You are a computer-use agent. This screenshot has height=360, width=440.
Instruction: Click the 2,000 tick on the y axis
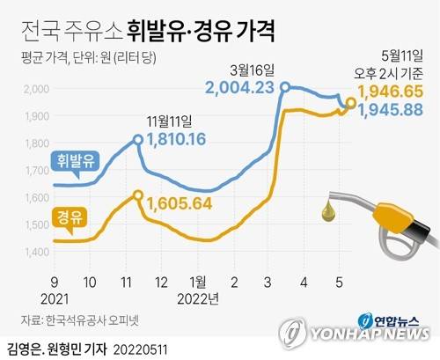tap(33, 89)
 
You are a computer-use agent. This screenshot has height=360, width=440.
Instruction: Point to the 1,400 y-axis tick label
tap(33, 253)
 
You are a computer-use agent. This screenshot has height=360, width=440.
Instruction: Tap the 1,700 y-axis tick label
tap(33, 171)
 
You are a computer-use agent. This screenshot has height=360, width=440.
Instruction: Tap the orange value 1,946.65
tap(392, 91)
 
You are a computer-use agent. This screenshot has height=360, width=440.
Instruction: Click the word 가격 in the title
tap(253, 33)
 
